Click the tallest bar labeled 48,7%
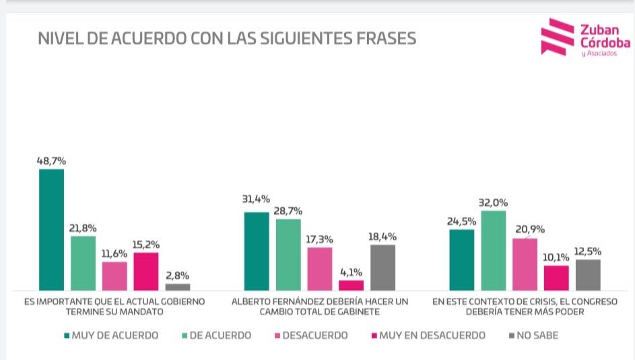[x=51, y=229]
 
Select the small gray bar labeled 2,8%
[x=178, y=287]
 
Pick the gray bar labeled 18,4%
[x=382, y=267]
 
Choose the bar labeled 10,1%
[x=556, y=277]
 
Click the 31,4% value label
[x=256, y=199]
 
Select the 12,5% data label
[x=588, y=252]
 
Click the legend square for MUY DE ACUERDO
[x=67, y=335]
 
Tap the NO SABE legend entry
[x=535, y=335]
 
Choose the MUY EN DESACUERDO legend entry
[x=428, y=335]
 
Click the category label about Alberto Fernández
[x=319, y=307]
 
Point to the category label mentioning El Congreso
[x=525, y=307]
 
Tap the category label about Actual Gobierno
[x=114, y=307]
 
